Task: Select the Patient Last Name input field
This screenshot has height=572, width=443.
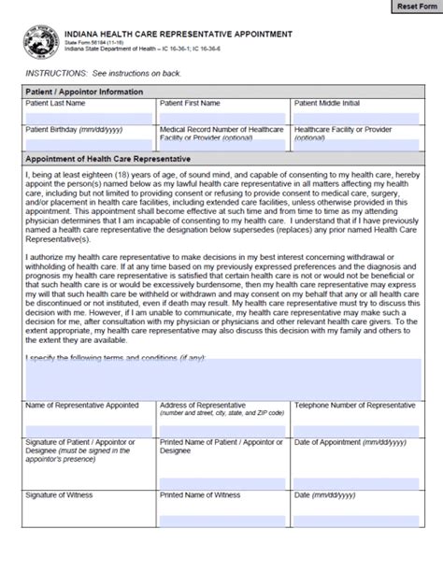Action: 88,118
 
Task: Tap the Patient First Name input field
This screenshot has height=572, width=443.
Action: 222,118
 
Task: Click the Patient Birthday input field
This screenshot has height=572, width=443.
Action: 88,147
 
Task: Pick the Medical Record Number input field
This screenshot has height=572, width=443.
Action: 222,148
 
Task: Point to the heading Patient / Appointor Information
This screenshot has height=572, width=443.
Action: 85,92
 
